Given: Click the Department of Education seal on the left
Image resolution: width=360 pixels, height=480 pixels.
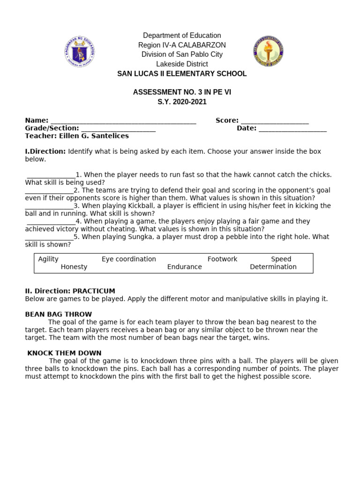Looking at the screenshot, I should click(79, 51).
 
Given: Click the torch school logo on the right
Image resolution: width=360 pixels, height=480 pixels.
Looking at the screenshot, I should click(268, 51).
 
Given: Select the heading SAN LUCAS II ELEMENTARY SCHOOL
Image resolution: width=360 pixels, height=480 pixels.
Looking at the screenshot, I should click(182, 74).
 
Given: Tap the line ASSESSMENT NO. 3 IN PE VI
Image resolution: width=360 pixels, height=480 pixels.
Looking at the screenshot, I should click(182, 92).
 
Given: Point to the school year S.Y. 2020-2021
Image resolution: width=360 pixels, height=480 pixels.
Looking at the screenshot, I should click(182, 102).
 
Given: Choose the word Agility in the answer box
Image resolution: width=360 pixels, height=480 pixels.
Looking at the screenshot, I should click(48, 259).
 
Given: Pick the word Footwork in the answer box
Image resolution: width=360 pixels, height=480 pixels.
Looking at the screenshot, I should click(222, 259).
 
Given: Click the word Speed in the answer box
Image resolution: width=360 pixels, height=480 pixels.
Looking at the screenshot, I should click(281, 259).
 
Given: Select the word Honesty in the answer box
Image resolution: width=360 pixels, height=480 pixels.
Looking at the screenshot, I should click(74, 267).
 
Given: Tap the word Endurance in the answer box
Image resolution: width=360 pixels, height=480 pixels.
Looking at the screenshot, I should click(184, 267).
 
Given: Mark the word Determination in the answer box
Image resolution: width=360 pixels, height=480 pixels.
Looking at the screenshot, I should click(273, 267).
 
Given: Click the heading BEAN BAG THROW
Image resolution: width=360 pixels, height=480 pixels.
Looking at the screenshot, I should click(58, 314).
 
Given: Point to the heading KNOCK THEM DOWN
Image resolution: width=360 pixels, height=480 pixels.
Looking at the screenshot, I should click(64, 353).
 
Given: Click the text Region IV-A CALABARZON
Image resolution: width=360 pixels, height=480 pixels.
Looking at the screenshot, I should click(182, 45).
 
